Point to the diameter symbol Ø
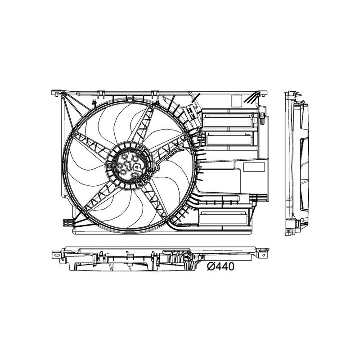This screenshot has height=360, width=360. tap(210, 267)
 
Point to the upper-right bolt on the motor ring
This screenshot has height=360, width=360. tap(141, 148)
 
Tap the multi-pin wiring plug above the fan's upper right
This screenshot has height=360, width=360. tap(190, 112)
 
